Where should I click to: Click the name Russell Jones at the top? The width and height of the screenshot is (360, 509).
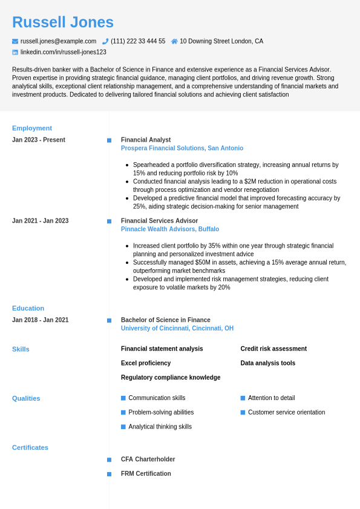click(63, 22)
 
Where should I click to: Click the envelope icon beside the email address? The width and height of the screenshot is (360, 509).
click(15, 41)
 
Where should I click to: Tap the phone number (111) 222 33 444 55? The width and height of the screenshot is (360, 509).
click(137, 41)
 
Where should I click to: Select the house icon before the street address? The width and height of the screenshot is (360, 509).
click(174, 41)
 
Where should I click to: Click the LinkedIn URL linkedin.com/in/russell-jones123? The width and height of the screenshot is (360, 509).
click(63, 52)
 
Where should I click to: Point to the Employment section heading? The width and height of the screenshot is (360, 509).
click(32, 128)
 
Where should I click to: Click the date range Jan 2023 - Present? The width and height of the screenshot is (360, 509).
click(39, 140)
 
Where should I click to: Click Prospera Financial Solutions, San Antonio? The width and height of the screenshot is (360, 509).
click(182, 148)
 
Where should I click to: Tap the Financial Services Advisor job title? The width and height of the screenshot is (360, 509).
click(159, 221)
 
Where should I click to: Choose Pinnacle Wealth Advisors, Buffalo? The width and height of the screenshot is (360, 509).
click(170, 229)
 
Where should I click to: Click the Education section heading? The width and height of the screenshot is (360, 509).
click(28, 308)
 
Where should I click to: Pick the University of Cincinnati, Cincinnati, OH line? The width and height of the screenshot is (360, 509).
click(177, 329)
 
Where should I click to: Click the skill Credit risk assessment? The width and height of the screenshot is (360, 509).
click(273, 349)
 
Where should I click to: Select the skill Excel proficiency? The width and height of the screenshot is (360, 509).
click(146, 363)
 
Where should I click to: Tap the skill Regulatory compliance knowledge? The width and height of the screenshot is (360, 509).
click(171, 378)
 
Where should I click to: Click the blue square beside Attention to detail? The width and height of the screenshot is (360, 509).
click(243, 398)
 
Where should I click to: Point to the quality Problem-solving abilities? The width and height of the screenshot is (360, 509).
click(161, 412)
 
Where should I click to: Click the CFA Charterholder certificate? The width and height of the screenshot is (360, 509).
click(148, 459)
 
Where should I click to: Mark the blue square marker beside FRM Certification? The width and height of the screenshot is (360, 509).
click(110, 474)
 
